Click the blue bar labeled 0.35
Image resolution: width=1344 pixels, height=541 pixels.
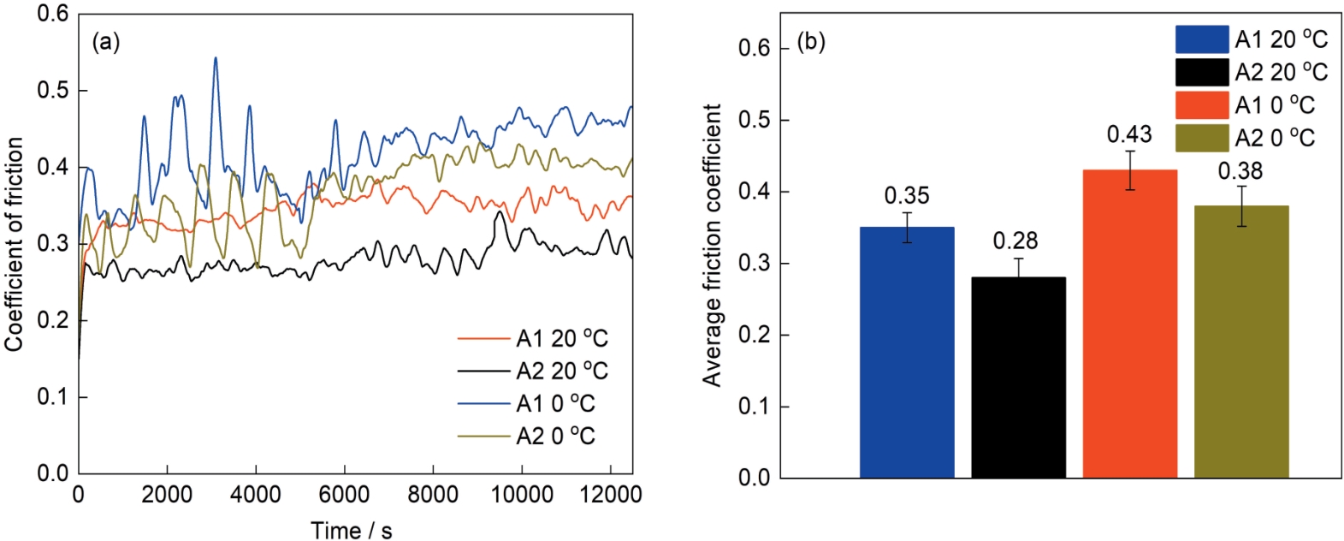[906, 352]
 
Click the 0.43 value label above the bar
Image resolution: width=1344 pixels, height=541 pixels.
[1129, 134]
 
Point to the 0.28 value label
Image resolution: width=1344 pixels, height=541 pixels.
[1015, 241]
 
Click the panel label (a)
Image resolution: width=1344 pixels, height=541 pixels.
[106, 42]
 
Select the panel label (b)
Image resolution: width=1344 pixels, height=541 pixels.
[810, 41]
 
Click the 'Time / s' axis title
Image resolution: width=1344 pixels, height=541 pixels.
[351, 530]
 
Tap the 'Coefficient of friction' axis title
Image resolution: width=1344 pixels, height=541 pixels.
[14, 244]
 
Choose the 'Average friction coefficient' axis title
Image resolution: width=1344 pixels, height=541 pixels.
[712, 246]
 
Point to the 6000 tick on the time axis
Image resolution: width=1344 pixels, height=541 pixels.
[344, 494]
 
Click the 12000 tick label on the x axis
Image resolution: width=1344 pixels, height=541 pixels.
[610, 494]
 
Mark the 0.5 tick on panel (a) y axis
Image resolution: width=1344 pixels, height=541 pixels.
[53, 90]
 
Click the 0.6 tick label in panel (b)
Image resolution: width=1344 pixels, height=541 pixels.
[754, 48]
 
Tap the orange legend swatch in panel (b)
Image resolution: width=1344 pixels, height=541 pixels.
[1201, 104]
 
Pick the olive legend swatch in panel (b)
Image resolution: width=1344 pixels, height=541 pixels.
[1201, 137]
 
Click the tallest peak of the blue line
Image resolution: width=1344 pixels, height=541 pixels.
[215, 58]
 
